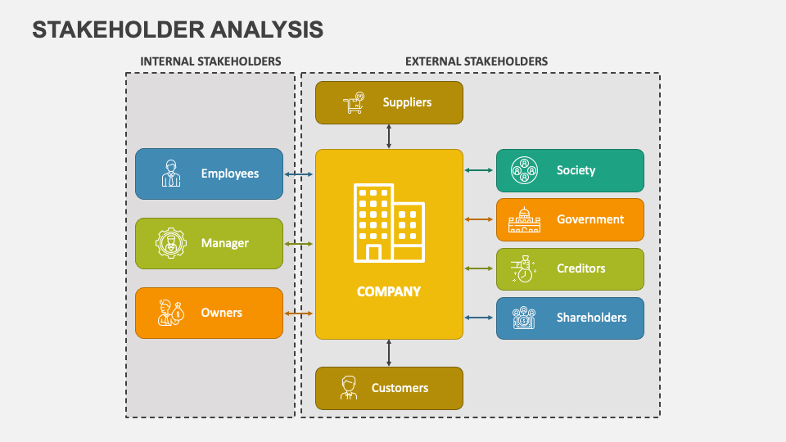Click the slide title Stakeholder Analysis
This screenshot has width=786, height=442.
178,29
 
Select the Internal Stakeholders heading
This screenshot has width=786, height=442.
210,61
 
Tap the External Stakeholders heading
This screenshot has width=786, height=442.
477,61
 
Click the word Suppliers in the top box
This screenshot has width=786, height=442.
407,102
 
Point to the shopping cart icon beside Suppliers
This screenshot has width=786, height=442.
355,103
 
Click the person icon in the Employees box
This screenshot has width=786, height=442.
171,174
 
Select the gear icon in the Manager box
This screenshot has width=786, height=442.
171,243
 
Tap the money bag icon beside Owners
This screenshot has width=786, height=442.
171,313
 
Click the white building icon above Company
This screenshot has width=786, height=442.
389,223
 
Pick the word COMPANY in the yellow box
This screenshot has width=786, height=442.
389,291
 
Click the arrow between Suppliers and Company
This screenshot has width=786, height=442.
389,137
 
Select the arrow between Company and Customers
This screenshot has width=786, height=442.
389,353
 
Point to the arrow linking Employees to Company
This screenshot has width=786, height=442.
299,174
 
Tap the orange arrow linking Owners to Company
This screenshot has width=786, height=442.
299,313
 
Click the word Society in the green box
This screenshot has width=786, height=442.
576,170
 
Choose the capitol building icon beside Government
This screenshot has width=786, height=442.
524,219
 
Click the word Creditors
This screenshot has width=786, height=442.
580,268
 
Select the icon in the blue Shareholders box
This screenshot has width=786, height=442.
524,318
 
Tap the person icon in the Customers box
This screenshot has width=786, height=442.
350,388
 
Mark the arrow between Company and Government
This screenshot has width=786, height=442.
480,219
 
